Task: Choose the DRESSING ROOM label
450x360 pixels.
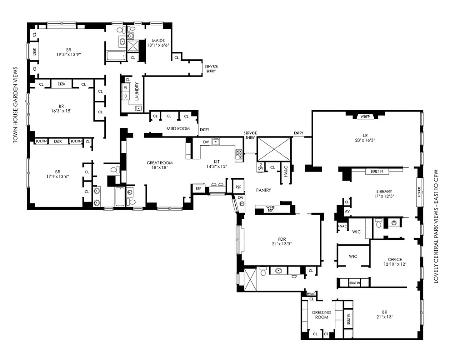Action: [x=322, y=315]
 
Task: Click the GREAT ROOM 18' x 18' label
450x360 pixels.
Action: [x=160, y=166]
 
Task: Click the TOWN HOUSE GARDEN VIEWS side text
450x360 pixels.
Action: [x=15, y=105]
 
